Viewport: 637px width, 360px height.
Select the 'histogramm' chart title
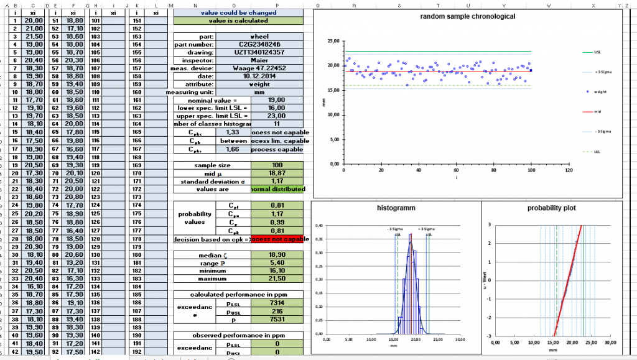(396, 208)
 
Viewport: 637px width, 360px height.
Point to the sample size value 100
(277, 165)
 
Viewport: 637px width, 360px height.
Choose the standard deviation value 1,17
(277, 181)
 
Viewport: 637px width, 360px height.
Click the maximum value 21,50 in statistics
(277, 278)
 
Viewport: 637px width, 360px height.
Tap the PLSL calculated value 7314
(277, 302)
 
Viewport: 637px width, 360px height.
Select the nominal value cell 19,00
(277, 99)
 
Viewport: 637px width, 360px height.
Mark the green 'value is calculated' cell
(239, 21)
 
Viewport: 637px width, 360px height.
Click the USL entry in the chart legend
(597, 53)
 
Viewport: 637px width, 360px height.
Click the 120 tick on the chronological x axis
(568, 170)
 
